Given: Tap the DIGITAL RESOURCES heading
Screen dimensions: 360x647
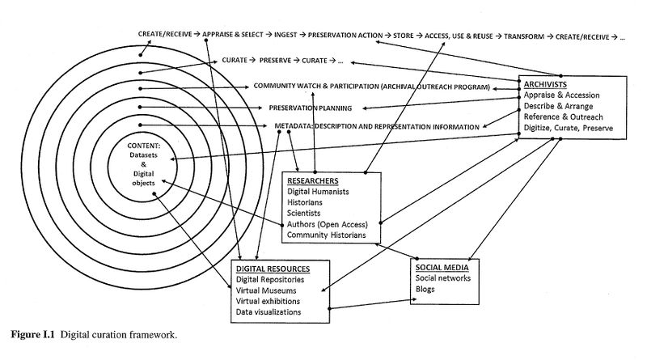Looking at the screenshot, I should tap(273, 268).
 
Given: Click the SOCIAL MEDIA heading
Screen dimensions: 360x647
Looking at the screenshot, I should tap(442, 267).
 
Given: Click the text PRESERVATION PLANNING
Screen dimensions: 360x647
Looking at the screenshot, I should tap(314, 107).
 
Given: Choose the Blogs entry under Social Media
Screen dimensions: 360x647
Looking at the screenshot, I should tap(425, 290).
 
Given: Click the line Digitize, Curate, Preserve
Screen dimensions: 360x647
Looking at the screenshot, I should tap(567, 129).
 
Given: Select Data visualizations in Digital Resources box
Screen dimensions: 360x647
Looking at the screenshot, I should tap(269, 311).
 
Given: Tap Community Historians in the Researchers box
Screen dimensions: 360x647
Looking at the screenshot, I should tap(332, 235).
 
